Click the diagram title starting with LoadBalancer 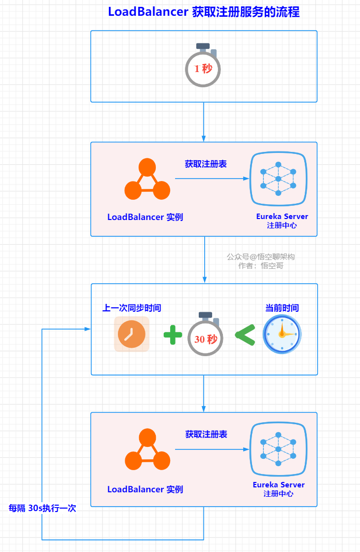click(204, 12)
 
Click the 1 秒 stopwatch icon click(203, 66)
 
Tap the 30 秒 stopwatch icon click(206, 336)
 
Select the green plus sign click(173, 336)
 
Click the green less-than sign click(245, 335)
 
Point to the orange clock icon click(131, 334)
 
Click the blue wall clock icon click(282, 334)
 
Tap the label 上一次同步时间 click(132, 308)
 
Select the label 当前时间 click(282, 308)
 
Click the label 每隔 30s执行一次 click(42, 508)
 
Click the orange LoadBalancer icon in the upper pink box click(147, 180)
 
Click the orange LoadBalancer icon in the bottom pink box click(147, 450)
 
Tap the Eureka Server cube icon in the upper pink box click(278, 179)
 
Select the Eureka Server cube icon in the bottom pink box click(278, 449)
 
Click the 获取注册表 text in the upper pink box click(206, 164)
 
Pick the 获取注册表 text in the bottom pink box click(206, 434)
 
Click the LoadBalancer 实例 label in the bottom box click(145, 489)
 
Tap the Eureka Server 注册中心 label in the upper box click(282, 221)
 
